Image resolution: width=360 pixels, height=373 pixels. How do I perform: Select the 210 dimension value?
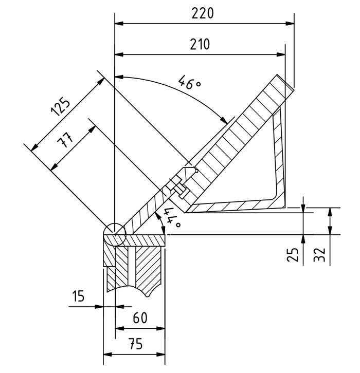pyautogui.click(x=200, y=44)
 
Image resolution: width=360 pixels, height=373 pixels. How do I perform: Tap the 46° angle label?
pyautogui.click(x=190, y=82)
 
